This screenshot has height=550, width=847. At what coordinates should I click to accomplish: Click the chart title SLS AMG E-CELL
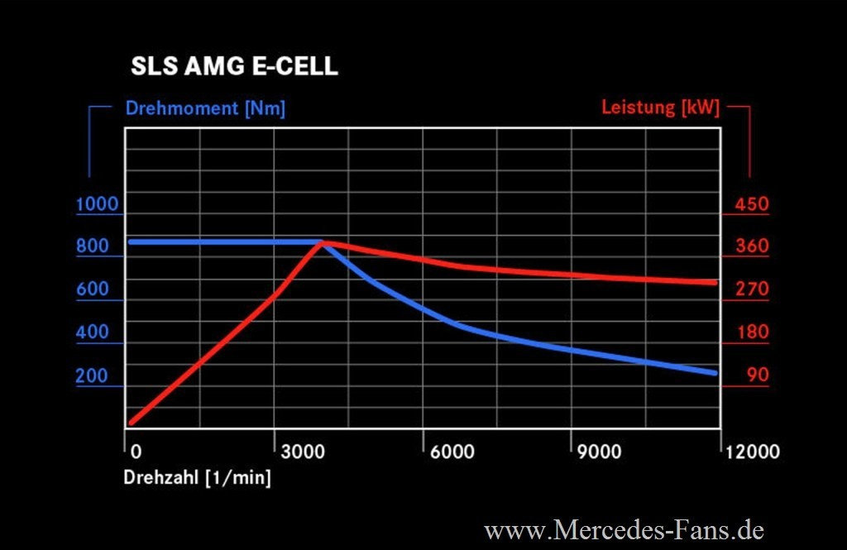234,67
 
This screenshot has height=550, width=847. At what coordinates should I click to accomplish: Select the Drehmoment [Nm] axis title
205,108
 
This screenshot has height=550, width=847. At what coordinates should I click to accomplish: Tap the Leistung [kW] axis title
660,108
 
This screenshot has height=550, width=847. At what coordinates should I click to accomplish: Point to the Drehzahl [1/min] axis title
197,477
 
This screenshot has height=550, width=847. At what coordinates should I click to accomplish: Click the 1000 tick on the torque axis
97,204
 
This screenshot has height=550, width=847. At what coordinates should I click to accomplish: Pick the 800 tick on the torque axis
92,246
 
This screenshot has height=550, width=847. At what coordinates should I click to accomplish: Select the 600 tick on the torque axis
92,289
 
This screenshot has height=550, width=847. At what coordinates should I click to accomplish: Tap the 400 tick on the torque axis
92,332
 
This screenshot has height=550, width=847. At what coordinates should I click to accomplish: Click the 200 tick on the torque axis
92,375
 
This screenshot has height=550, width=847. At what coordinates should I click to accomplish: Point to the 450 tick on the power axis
752,204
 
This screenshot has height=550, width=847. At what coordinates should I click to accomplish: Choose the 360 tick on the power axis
752,246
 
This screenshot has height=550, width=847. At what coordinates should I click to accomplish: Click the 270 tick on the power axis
752,289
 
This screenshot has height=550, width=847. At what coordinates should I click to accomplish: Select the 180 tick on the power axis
752,332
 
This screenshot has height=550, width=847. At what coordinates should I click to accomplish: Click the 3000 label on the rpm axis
304,452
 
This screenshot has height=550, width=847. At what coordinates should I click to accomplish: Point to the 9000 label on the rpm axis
600,452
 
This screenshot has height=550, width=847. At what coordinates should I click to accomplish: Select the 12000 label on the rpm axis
752,452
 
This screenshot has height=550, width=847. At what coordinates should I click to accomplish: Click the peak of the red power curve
323,243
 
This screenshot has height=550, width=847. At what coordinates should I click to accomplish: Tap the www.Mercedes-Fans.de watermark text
624,529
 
